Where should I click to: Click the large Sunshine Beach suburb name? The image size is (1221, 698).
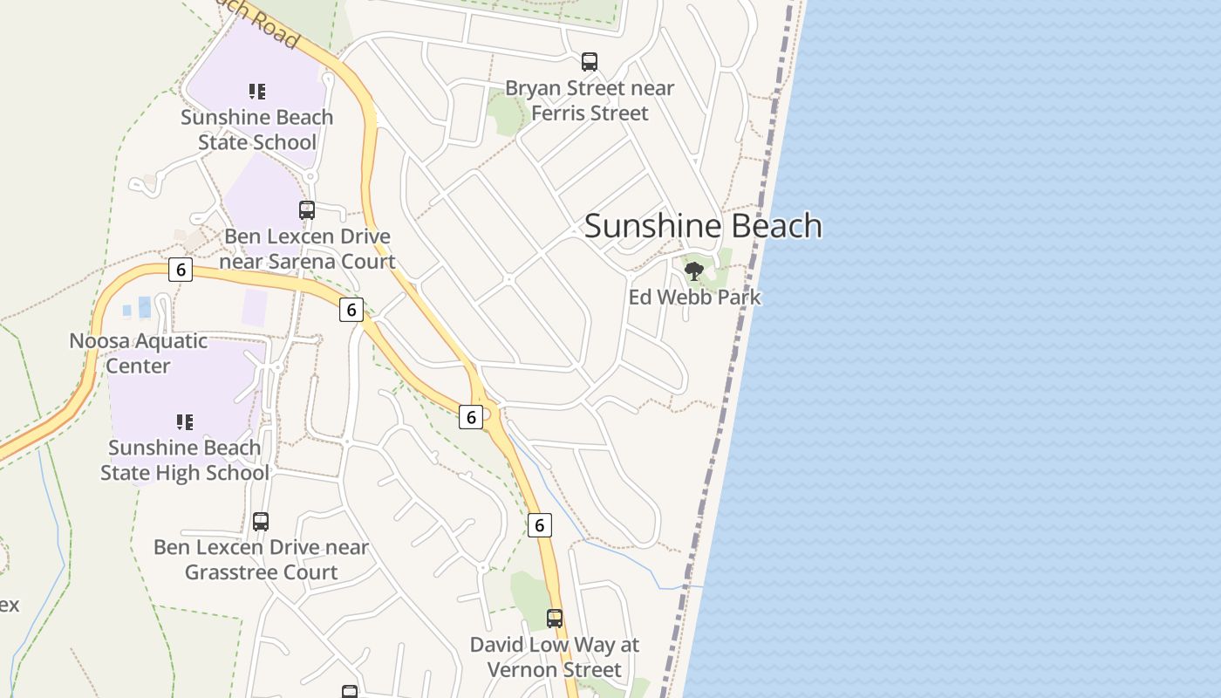[703, 226]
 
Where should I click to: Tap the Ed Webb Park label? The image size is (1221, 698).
[694, 298]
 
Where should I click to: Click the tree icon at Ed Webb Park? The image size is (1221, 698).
[694, 271]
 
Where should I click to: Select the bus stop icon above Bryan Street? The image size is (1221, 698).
[590, 62]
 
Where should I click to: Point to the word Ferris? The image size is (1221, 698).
[566, 113]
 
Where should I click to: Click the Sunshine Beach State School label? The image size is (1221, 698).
[256, 129]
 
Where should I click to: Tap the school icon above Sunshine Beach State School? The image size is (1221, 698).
[256, 91]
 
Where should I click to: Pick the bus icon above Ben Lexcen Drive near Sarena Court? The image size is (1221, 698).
[307, 209]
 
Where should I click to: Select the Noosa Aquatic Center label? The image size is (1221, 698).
[138, 353]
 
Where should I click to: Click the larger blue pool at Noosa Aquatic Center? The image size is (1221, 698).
[145, 307]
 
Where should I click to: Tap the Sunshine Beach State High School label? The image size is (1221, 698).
[184, 460]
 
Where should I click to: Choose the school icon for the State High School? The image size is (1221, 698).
[184, 422]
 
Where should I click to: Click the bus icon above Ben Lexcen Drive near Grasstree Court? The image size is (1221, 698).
[261, 522]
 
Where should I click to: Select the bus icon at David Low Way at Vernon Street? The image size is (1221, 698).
[555, 619]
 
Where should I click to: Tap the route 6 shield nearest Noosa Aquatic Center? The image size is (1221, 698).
[181, 269]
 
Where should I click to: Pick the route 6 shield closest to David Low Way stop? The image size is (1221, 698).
[540, 525]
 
